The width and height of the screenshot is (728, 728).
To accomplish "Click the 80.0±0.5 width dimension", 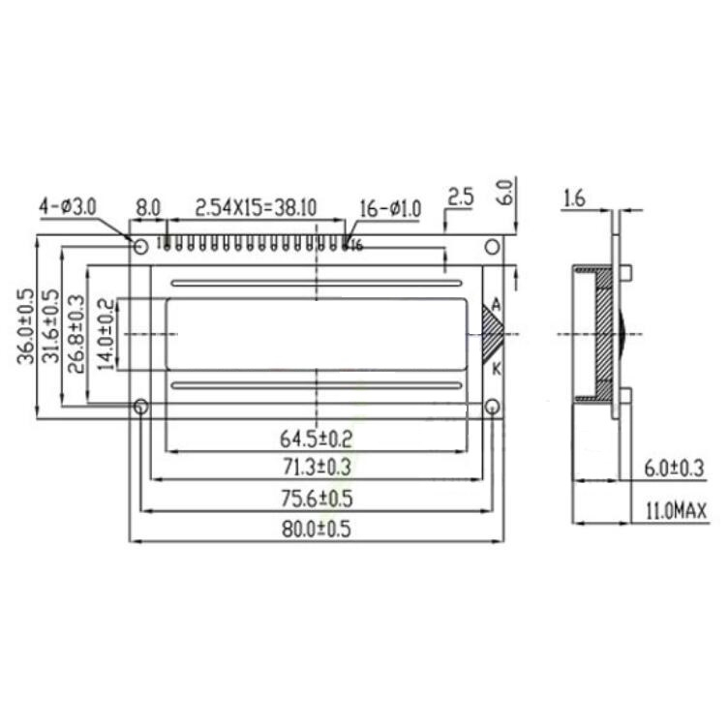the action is tap(317, 529).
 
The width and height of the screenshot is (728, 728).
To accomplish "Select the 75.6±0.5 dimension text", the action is tap(318, 499).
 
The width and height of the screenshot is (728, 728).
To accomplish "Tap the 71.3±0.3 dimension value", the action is tap(318, 468).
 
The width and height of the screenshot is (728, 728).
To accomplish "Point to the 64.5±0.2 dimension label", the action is tap(317, 439).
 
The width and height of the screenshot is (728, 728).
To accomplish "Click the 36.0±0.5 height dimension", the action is tap(25, 326).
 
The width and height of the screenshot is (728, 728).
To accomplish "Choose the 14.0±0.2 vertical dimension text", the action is tap(106, 334).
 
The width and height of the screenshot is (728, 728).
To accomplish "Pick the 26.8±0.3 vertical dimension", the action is tap(76, 334).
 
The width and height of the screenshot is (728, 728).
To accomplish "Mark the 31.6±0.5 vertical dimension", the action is tap(51, 326).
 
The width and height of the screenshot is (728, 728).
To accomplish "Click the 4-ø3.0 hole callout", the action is tap(68, 206).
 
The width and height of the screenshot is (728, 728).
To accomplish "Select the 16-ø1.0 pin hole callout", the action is tap(390, 209).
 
